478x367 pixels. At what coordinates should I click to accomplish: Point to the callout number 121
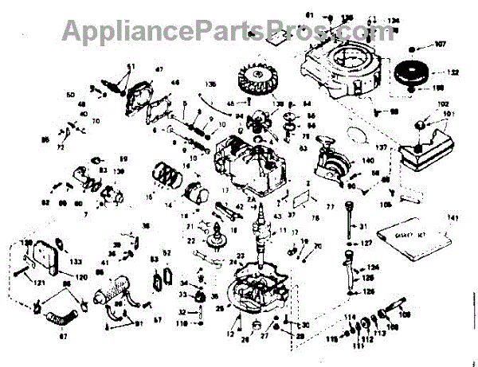click(x=37, y=282)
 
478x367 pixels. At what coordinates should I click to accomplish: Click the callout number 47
click(x=159, y=70)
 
